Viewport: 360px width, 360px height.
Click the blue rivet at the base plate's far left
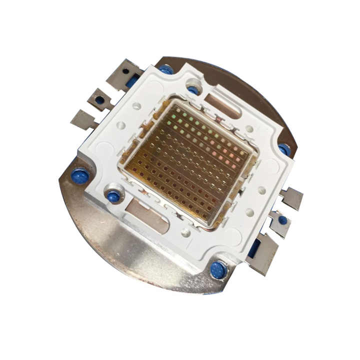click(80, 176)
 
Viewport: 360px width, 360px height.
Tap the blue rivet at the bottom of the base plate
click(218, 270)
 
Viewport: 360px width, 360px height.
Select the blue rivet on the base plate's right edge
click(284, 149)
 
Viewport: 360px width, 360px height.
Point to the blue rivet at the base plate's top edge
click(166, 69)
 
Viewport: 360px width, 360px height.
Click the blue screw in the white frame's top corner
click(193, 90)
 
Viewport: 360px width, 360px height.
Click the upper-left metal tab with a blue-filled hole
click(100, 99)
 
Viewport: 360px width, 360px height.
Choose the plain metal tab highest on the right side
click(291, 198)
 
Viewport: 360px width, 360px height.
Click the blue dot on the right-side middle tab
click(282, 219)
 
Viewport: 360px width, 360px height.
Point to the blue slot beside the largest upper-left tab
click(133, 79)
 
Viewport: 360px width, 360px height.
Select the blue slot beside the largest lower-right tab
click(253, 248)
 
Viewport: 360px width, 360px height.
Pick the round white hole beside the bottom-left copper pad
click(186, 232)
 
